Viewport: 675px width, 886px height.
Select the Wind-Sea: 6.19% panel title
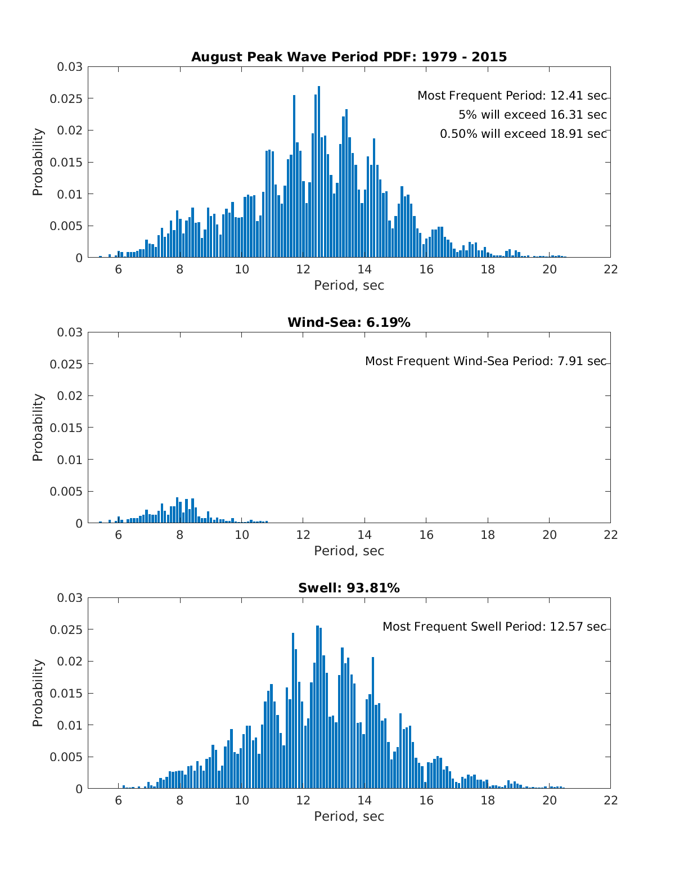(349, 322)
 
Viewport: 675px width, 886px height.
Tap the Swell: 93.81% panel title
(349, 588)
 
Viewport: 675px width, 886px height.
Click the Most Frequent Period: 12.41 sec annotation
(512, 96)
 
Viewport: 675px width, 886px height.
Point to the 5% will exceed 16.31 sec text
(532, 115)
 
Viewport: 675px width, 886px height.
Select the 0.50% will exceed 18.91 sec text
(523, 134)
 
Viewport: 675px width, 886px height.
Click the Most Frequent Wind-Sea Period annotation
(485, 361)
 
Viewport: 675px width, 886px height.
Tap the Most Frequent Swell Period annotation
(494, 627)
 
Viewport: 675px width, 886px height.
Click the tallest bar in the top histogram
(319, 172)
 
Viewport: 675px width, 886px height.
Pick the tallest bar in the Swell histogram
(317, 707)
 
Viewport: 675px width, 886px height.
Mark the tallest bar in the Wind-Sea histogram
(177, 510)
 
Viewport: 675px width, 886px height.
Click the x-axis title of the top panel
(349, 285)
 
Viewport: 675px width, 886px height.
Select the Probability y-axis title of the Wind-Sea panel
(38, 428)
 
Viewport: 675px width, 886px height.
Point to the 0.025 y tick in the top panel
(66, 98)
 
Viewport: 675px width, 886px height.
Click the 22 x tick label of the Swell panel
(610, 800)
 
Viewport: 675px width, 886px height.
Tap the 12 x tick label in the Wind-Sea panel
(303, 535)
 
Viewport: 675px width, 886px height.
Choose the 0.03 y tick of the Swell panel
(69, 597)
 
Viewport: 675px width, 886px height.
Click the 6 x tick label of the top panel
(118, 269)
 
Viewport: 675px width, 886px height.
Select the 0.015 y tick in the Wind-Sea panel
(66, 428)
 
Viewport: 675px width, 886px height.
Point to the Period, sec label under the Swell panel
(349, 816)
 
